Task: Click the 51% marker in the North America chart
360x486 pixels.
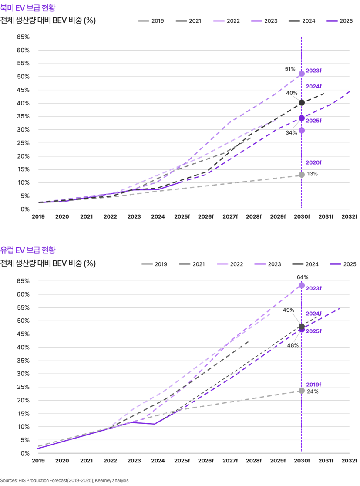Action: coord(302,74)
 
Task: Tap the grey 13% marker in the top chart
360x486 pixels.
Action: coord(302,175)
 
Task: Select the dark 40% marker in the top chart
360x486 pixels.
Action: coord(302,102)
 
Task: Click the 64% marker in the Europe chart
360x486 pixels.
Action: coord(302,285)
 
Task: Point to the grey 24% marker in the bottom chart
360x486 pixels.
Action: coord(302,391)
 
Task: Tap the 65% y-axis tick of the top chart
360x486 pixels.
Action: coord(23,37)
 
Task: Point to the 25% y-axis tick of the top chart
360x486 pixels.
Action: coord(23,143)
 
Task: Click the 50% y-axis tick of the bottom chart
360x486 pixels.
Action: coord(23,321)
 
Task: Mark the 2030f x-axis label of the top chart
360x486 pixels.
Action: coord(302,216)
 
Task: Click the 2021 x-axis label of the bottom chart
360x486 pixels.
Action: coord(86,460)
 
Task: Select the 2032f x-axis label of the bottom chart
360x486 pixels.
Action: coord(349,460)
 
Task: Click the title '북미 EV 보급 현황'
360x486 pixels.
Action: coord(28,8)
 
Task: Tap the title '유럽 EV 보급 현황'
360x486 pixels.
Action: coord(28,250)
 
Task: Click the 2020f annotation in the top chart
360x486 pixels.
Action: coord(313,162)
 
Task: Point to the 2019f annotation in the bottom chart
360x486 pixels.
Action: coord(313,385)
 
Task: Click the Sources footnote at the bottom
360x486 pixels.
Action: coord(64,480)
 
